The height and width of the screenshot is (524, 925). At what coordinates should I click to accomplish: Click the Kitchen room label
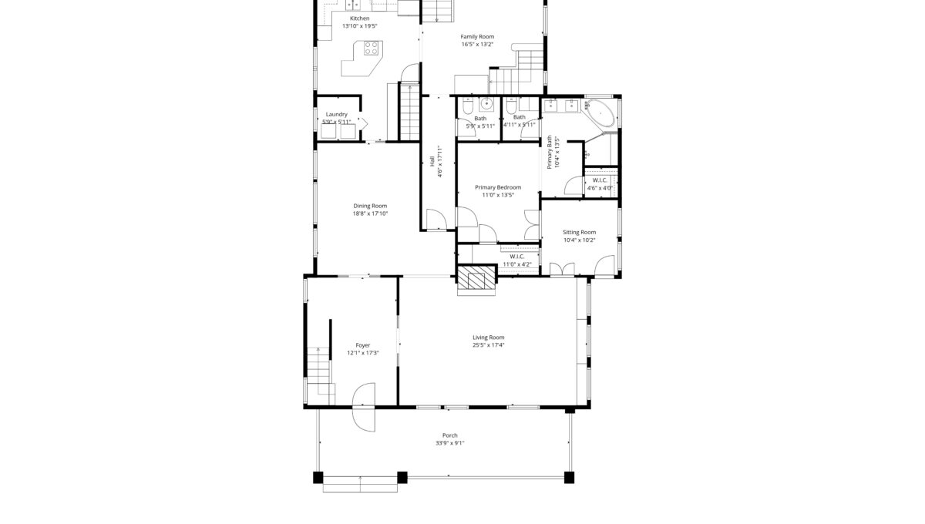[360, 18]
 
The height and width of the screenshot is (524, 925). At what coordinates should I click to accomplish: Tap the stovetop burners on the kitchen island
[372, 48]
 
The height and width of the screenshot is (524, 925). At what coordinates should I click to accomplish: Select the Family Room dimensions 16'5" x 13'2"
[477, 44]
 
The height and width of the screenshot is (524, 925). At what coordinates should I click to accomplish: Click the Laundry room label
[337, 114]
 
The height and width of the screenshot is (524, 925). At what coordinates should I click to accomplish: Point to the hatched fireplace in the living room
[476, 277]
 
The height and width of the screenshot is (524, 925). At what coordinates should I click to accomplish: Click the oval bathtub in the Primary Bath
[600, 113]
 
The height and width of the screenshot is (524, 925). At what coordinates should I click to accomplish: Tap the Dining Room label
[370, 206]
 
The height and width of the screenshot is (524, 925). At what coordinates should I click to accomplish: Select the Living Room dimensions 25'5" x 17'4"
[489, 344]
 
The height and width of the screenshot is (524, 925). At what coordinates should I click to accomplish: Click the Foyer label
[363, 345]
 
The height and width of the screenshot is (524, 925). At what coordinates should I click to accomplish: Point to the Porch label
[450, 435]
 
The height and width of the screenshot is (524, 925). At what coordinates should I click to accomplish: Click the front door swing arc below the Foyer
[364, 407]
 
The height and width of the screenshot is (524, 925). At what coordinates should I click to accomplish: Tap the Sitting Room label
[580, 232]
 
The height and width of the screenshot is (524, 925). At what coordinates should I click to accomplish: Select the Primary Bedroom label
[498, 187]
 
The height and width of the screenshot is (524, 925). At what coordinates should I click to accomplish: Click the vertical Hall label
[432, 161]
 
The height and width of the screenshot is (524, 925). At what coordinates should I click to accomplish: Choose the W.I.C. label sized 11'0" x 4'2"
[517, 257]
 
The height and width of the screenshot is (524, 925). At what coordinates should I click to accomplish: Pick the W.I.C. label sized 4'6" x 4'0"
[600, 180]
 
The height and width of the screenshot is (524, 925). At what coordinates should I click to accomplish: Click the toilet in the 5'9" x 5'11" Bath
[468, 106]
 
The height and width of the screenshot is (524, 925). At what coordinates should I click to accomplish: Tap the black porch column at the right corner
[569, 477]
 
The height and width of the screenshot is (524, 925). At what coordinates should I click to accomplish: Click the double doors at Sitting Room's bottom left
[562, 270]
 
